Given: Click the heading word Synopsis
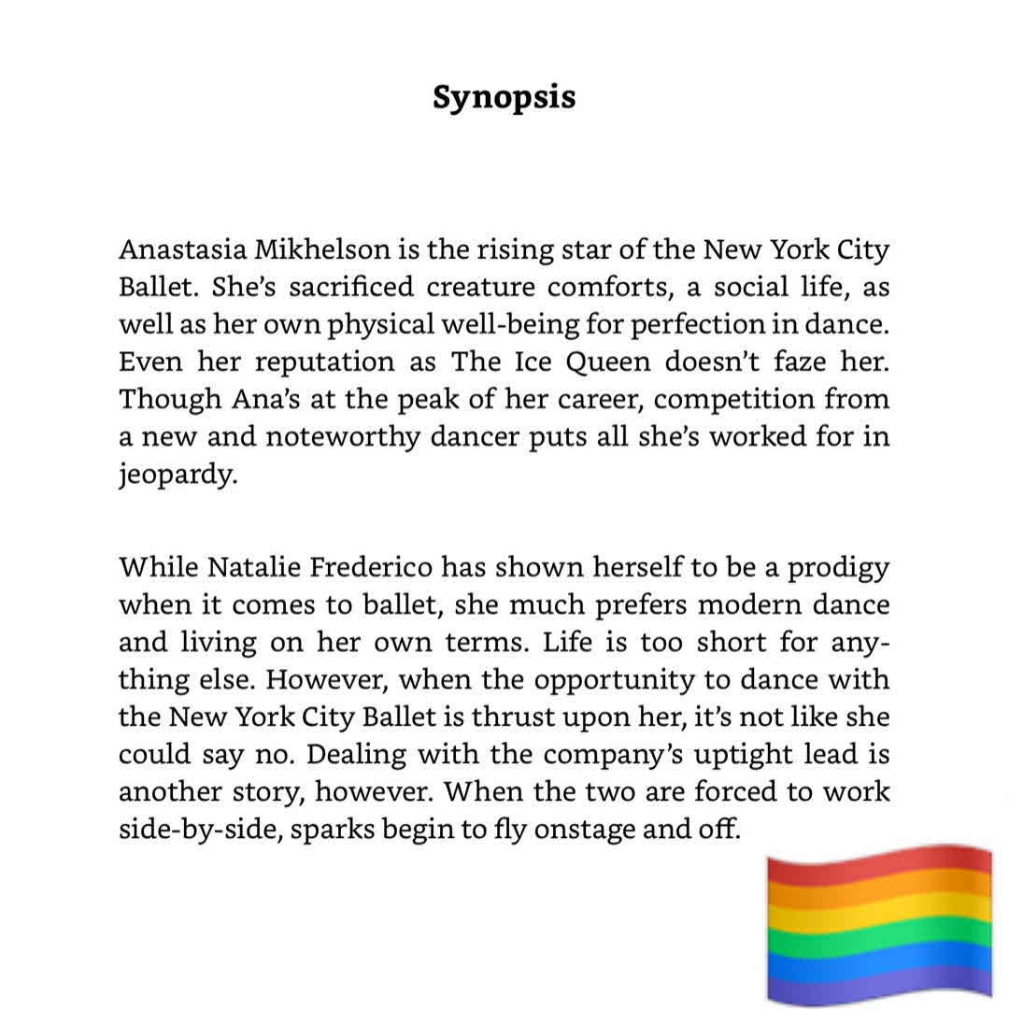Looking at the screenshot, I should [504, 98].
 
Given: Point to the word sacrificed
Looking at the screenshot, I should [310, 288].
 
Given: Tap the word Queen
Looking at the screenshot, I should [608, 362].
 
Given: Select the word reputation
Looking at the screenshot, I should [324, 362].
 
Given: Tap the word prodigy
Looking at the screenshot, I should [839, 568].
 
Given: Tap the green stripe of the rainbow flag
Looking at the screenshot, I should [878, 934].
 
